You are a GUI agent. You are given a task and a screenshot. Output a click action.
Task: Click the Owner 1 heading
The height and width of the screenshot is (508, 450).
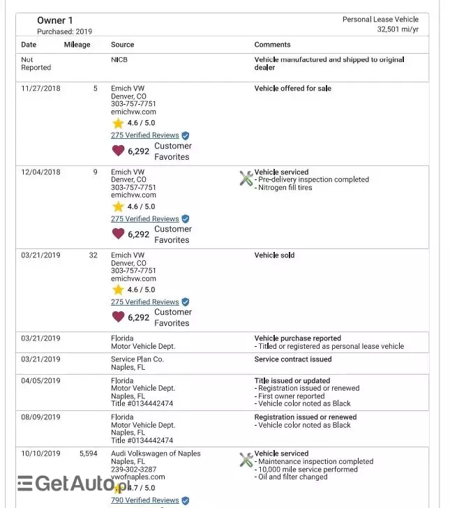click(x=54, y=20)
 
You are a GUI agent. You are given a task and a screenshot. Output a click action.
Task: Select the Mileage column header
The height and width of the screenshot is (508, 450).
click(x=77, y=45)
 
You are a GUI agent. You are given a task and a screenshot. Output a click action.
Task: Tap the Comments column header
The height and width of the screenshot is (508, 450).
click(x=272, y=45)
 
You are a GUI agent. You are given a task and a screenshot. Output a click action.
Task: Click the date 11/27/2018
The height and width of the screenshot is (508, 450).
click(x=40, y=89)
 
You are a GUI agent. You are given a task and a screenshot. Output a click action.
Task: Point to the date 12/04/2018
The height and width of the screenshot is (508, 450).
click(x=40, y=172)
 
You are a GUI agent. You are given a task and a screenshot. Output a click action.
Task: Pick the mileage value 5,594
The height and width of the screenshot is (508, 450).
click(x=88, y=454)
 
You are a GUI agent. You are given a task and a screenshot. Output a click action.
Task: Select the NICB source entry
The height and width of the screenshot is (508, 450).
click(x=119, y=60)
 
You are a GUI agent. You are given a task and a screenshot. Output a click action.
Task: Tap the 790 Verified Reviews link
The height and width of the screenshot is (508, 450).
click(x=144, y=500)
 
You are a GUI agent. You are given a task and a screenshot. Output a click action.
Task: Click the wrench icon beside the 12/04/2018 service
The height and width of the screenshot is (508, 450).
click(x=246, y=179)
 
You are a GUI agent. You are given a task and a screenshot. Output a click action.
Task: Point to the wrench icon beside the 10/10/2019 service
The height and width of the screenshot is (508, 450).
click(x=246, y=460)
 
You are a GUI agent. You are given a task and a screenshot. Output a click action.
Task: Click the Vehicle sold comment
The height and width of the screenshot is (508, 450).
click(x=274, y=255)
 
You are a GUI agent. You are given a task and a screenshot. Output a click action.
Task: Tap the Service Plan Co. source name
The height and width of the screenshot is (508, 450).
click(x=137, y=359)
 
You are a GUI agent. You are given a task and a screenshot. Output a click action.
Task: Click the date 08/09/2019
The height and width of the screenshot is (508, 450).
click(x=40, y=417)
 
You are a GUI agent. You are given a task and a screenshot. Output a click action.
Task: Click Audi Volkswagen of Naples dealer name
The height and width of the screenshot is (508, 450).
click(x=156, y=454)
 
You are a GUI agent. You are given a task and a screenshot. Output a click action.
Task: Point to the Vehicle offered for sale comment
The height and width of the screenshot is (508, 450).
click(x=293, y=89)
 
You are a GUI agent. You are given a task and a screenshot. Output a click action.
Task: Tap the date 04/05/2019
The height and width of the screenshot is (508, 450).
click(x=40, y=381)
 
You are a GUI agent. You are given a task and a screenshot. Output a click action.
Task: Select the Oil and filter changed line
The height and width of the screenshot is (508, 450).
click(x=292, y=477)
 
